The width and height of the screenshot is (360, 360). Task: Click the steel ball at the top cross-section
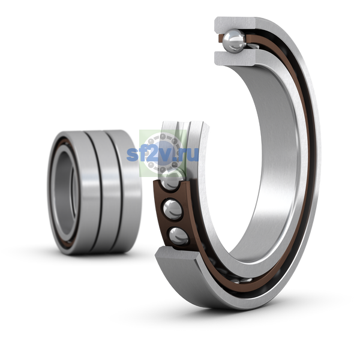pyautogui.click(x=234, y=40)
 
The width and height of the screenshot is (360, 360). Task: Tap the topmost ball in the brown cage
pyautogui.click(x=172, y=179)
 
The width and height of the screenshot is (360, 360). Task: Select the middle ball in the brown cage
pyautogui.click(x=173, y=209)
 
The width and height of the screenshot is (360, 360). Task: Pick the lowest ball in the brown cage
pyautogui.click(x=179, y=236)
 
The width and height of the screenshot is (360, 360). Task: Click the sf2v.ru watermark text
pyautogui.click(x=163, y=154)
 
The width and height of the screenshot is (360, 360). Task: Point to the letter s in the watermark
pyautogui.click(x=132, y=155)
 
